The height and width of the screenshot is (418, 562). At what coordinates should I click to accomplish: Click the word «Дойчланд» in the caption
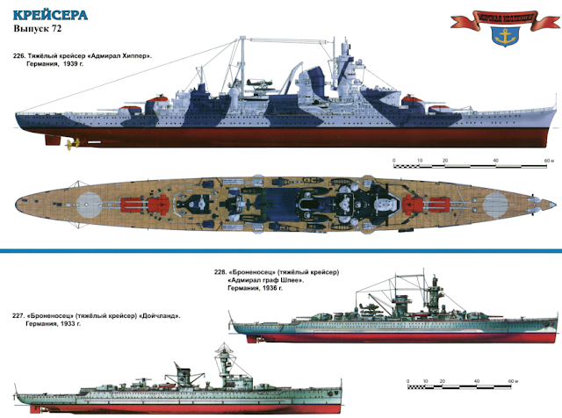pyautogui.click(x=158, y=316)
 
